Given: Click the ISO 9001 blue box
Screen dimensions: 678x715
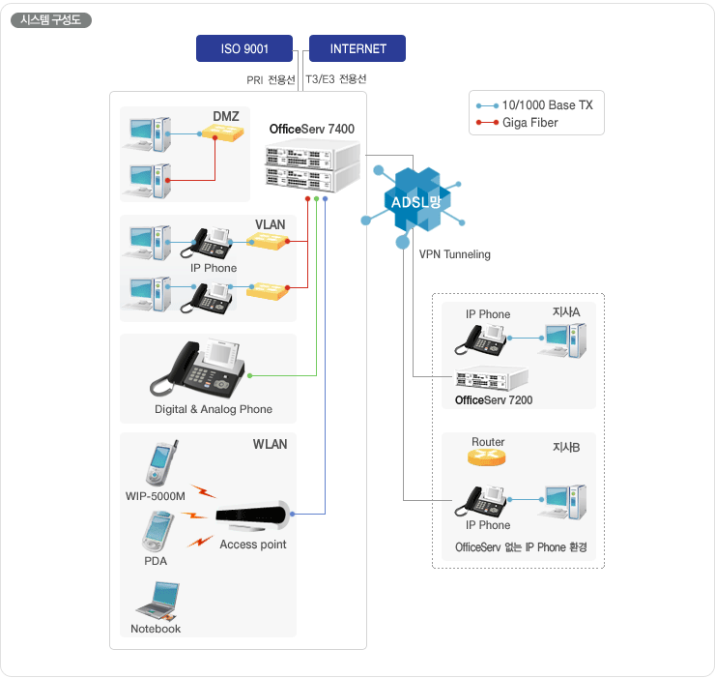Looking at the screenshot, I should [244, 48].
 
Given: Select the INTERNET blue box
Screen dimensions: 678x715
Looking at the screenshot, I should [357, 48].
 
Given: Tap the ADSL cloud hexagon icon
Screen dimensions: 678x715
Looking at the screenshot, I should [414, 201].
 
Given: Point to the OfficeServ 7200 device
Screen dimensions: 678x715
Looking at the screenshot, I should [492, 379].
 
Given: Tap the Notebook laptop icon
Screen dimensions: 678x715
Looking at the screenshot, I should [156, 601].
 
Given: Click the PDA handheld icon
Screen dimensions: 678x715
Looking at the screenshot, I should [155, 531].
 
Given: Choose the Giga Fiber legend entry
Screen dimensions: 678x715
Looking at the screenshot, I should [529, 123].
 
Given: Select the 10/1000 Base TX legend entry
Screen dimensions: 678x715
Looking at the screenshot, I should [547, 104].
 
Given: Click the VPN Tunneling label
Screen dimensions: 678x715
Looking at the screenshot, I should [454, 254].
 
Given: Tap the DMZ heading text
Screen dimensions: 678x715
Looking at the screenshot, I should [225, 117].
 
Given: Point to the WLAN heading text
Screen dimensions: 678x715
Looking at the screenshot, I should [270, 445].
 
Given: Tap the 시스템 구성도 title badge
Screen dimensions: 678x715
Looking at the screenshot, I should [50, 19].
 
